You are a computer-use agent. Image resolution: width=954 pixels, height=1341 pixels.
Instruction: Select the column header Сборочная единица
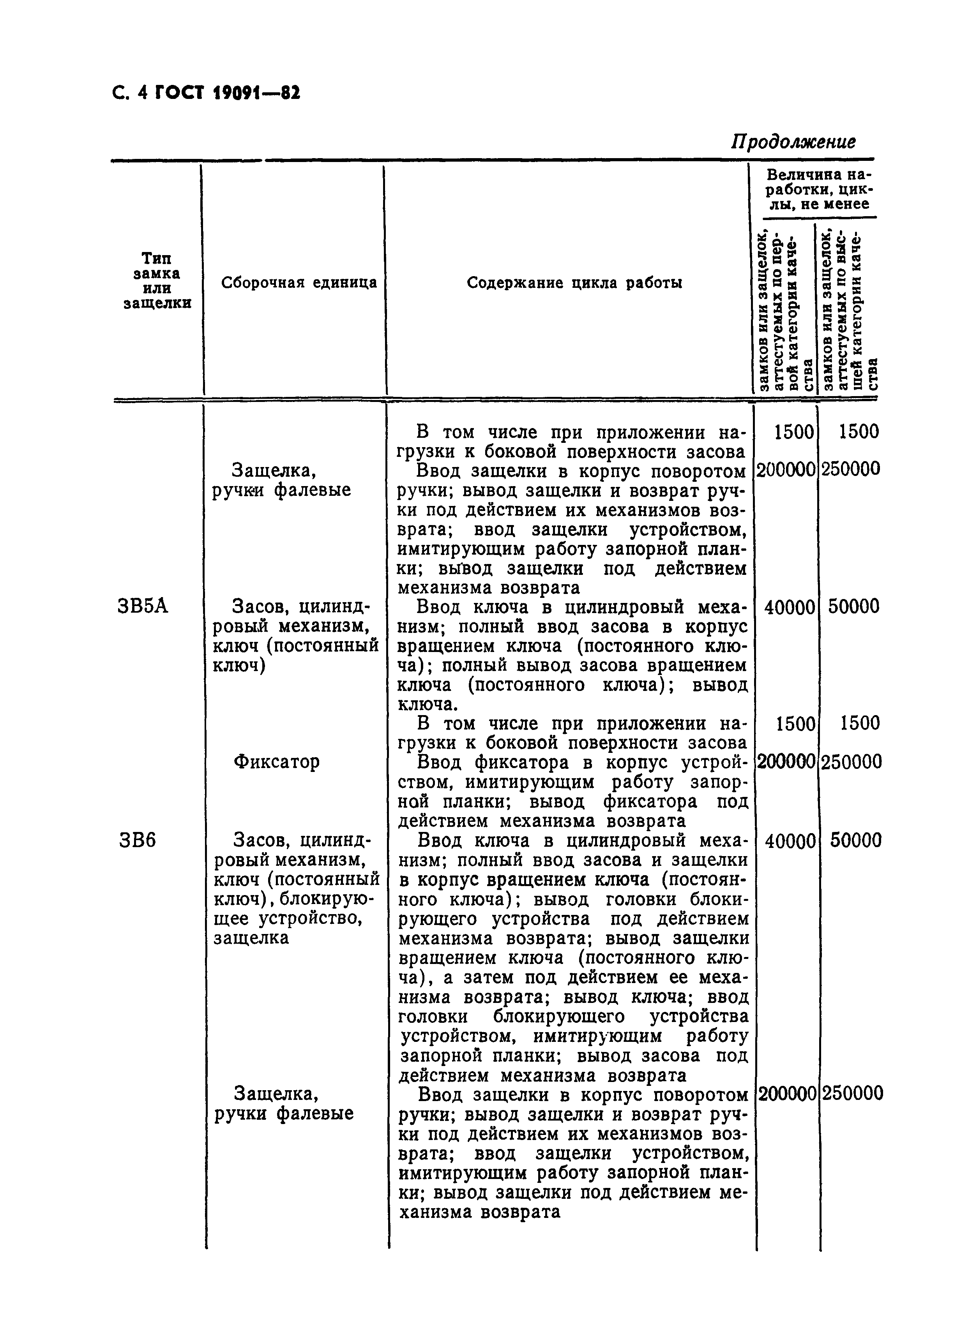coord(299,283)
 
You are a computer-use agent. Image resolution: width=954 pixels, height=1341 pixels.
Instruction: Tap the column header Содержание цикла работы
coord(574,283)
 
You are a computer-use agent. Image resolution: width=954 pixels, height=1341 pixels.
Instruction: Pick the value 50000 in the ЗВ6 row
coord(855,841)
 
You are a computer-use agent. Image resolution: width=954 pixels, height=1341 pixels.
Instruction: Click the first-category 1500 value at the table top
coord(793,432)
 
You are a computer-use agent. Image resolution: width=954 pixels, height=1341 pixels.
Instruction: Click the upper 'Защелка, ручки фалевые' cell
coord(281,480)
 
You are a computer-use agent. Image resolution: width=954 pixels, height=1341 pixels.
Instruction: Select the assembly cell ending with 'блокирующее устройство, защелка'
coord(296,889)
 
